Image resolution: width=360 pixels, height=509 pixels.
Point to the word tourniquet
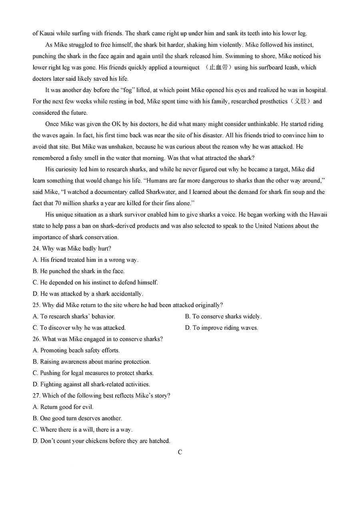[186, 68]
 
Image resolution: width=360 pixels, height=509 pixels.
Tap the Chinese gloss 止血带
[218, 68]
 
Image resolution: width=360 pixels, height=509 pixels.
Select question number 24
[36, 249]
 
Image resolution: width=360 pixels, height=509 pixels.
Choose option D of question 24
[88, 294]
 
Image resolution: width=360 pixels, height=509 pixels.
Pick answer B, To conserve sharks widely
[223, 317]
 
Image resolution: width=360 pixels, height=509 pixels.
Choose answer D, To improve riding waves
[221, 328]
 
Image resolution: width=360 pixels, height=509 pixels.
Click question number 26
[36, 339]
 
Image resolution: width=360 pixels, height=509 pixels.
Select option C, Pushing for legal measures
[93, 373]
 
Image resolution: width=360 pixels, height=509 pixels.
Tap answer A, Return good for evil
[63, 407]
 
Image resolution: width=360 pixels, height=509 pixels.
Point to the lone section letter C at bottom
[180, 452]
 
